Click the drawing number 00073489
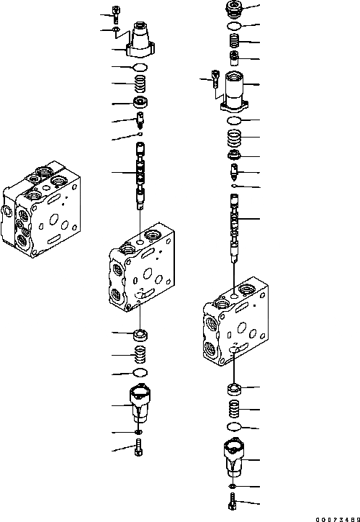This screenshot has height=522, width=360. (338, 519)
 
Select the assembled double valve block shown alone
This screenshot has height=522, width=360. (41, 210)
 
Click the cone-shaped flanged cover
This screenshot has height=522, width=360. (140, 40)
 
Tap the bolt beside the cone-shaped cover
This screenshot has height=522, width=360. (116, 14)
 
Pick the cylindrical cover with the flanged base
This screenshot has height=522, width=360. (235, 91)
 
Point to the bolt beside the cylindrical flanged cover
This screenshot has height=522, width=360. (216, 78)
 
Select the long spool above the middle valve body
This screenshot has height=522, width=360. (140, 176)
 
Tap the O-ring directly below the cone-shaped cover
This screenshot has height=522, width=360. (140, 67)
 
